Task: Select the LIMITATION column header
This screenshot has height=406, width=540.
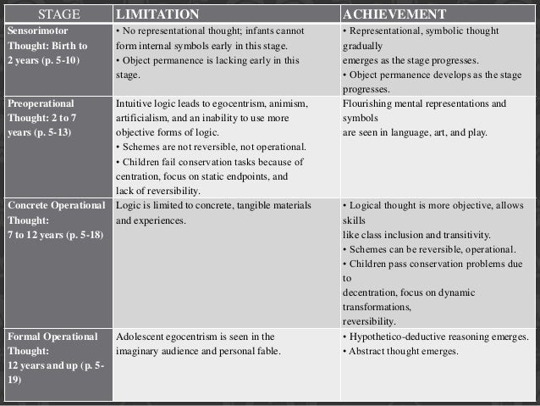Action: point(157,14)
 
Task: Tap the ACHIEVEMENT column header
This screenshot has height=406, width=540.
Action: point(394,14)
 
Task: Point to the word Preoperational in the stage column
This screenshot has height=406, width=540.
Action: point(41,103)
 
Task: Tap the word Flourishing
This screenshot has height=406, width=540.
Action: point(369,103)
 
